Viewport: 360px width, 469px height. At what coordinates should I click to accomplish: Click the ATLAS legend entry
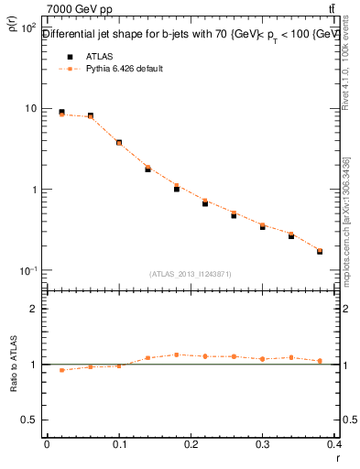(x=98, y=56)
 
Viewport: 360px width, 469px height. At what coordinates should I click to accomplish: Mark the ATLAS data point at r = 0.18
(x=177, y=189)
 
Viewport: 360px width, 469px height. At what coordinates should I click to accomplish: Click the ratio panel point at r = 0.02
(x=61, y=370)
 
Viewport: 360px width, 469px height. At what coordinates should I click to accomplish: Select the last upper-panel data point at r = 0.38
(x=320, y=251)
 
